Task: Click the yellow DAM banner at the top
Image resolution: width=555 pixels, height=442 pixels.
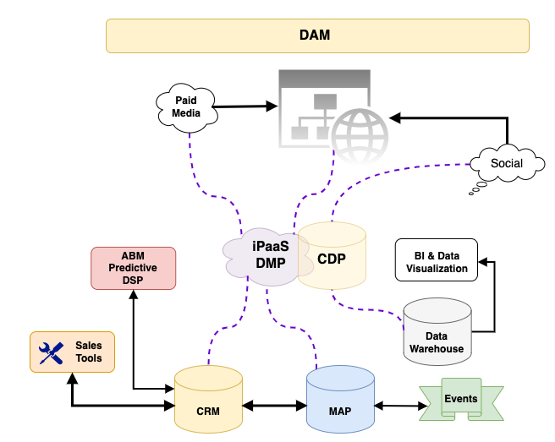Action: [316, 35]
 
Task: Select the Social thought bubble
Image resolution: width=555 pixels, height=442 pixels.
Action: [507, 163]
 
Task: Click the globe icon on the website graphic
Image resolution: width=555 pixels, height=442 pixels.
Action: [359, 135]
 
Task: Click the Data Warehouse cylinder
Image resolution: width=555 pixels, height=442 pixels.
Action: [437, 330]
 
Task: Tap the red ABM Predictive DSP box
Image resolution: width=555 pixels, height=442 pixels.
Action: [133, 269]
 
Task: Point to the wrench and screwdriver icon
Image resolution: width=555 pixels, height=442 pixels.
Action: [52, 352]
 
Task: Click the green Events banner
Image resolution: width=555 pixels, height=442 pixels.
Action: [461, 399]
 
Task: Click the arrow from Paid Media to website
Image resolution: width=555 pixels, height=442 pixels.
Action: [245, 106]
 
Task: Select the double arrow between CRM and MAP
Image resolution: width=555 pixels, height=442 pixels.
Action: [274, 407]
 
